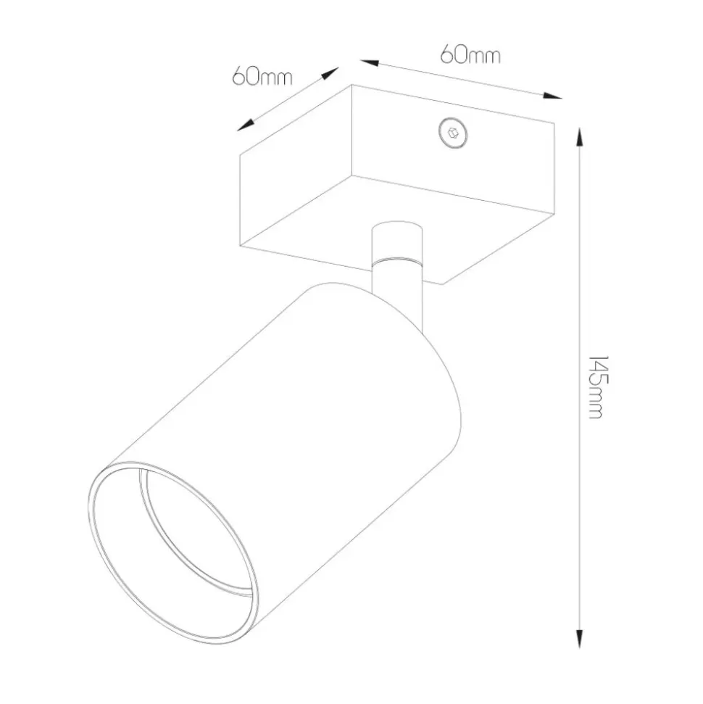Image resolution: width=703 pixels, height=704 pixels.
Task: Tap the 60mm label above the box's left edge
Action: pos(262,77)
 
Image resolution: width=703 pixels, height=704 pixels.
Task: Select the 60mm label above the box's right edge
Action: pos(470,54)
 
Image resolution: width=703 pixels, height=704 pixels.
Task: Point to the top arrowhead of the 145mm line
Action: pos(580,136)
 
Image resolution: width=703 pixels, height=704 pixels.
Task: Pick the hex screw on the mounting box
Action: pos(452,133)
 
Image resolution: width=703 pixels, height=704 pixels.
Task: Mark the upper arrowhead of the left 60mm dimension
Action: pos(330,74)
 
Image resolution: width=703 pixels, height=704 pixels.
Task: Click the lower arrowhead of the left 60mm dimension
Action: pos(246,125)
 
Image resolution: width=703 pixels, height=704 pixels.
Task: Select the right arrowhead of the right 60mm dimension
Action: pos(552,96)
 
